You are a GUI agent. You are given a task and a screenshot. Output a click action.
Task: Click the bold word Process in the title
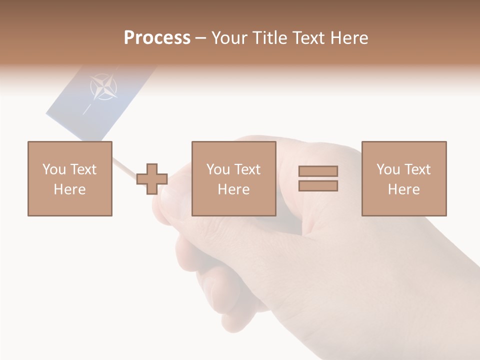click(157, 38)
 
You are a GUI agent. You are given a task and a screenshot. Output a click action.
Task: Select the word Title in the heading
click(269, 38)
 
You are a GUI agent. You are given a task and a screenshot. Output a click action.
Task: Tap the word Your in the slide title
click(230, 38)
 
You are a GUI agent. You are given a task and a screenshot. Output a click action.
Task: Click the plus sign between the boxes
click(152, 178)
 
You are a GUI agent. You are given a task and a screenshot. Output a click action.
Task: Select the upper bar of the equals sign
click(318, 171)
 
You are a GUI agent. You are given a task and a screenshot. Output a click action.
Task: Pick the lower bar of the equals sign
click(318, 186)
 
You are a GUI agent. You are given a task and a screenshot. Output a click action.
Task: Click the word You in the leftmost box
click(53, 169)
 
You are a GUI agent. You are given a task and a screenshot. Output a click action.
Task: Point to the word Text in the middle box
click(247, 169)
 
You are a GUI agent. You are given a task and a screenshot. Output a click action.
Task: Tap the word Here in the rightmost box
click(403, 189)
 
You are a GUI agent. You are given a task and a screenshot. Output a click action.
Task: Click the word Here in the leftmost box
click(70, 189)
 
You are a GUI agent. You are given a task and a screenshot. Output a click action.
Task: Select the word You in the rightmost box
click(387, 169)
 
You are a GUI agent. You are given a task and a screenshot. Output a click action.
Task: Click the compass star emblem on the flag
click(103, 87)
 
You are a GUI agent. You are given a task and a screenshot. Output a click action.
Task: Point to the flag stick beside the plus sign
click(125, 168)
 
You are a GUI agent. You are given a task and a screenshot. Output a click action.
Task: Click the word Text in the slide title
click(306, 38)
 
